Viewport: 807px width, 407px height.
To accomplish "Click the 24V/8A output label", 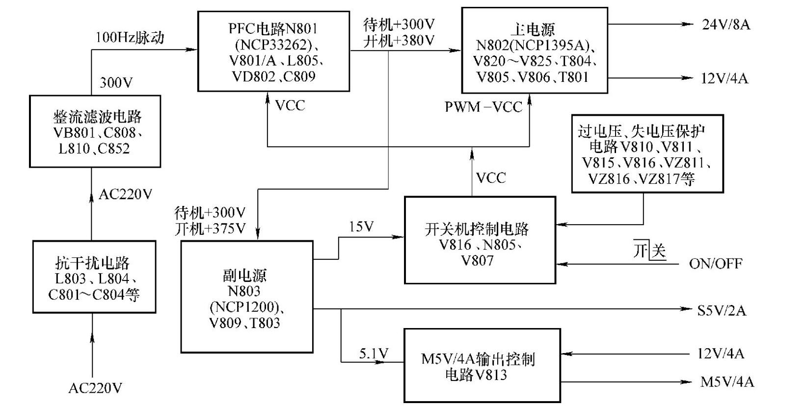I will click(x=726, y=25).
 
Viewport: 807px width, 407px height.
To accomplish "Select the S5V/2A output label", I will click(x=721, y=310).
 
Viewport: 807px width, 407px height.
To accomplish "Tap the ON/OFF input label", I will click(x=715, y=264).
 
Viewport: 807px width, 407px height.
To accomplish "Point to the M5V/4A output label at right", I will click(x=726, y=382).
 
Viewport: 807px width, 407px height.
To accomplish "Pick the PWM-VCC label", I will click(x=483, y=107).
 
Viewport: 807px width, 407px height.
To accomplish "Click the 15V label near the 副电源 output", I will click(x=361, y=227).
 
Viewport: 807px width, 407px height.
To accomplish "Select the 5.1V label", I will click(x=374, y=354).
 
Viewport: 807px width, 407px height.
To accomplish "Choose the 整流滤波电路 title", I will click(x=97, y=117).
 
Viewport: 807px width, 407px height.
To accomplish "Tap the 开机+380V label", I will click(x=399, y=41).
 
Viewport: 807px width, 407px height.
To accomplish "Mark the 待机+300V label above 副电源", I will click(x=210, y=213).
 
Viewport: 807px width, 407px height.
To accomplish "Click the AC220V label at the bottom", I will click(x=95, y=388).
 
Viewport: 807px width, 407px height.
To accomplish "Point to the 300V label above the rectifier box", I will click(x=116, y=82).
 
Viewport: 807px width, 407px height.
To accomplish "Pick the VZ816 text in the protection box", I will click(x=608, y=179).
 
